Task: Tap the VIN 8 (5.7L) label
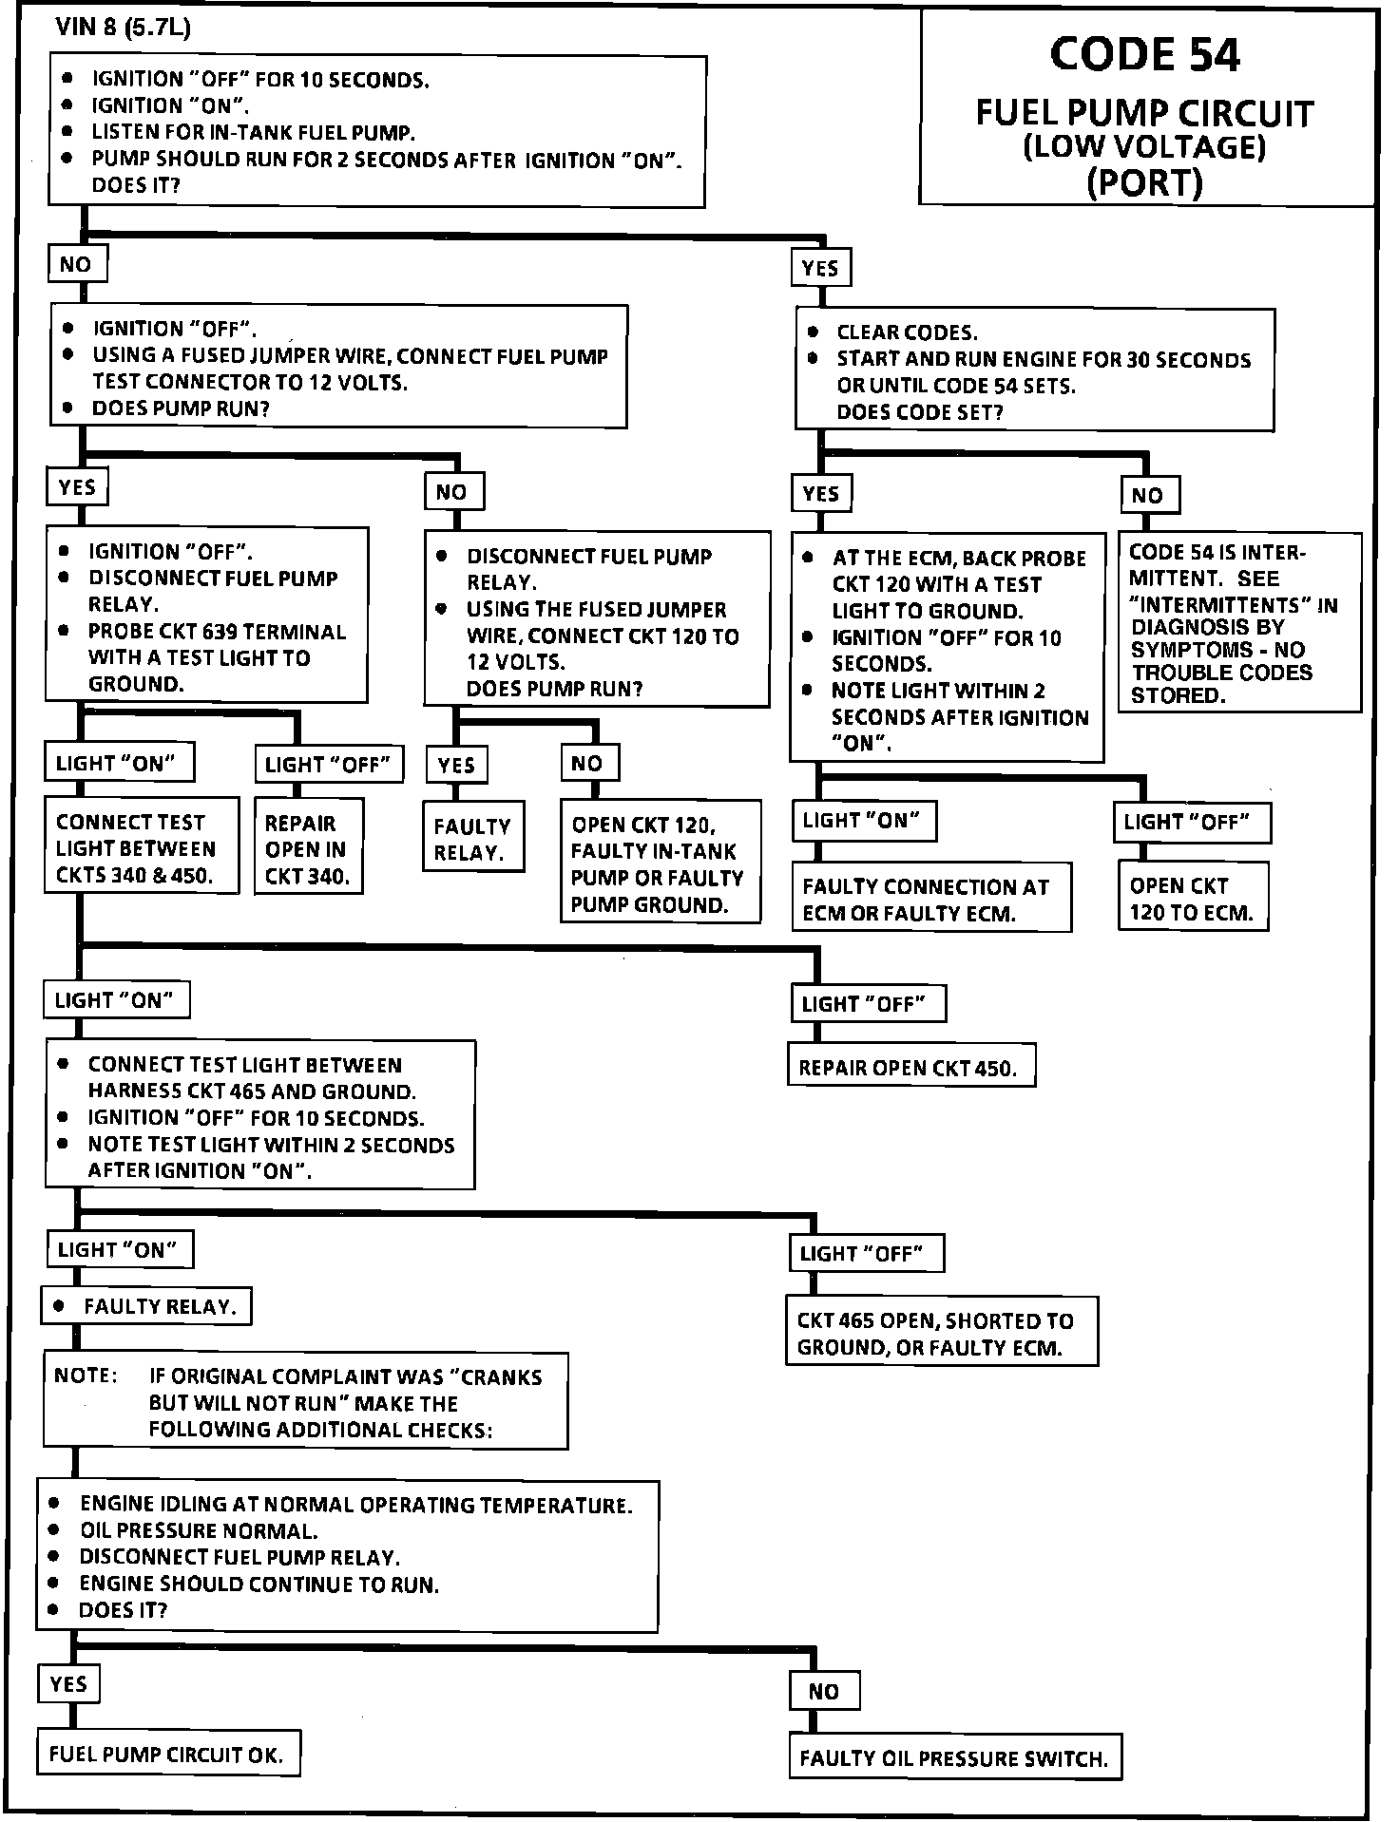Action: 123,28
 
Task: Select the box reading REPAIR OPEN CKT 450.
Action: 910,1067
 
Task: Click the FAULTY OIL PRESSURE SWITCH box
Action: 954,1758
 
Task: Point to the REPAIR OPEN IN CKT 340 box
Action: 308,849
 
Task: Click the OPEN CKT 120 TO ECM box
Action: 1192,899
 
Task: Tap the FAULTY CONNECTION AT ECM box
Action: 930,900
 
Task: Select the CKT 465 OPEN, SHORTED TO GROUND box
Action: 941,1333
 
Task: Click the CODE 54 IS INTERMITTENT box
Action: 1238,623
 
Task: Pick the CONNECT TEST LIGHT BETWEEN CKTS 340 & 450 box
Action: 141,848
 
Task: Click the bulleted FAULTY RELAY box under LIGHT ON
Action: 146,1306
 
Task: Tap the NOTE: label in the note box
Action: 86,1376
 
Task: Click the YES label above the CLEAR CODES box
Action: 820,268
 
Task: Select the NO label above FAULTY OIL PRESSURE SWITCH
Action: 824,1691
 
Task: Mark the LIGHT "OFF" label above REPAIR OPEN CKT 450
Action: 868,1004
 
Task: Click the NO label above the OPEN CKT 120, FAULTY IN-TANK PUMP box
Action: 586,763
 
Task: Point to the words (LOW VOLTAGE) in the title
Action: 1144,147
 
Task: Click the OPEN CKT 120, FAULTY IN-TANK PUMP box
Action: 660,864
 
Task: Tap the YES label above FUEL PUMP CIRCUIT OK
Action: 69,1684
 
